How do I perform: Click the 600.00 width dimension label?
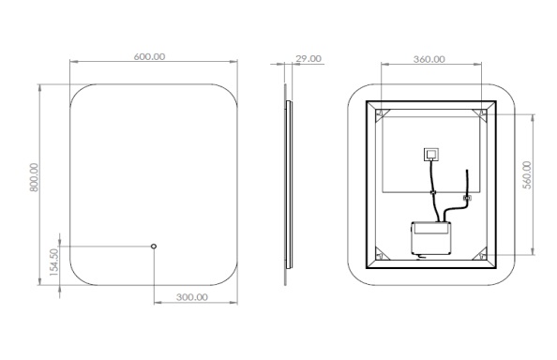point(149,56)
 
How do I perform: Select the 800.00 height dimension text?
point(34,177)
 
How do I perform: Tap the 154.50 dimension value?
point(53,262)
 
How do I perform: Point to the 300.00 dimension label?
point(192,297)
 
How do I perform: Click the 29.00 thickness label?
point(309,58)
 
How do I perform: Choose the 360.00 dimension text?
point(429,59)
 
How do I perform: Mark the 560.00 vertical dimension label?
point(528,174)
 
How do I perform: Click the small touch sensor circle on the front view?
point(154,246)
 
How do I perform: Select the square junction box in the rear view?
point(431,155)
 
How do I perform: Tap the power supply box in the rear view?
point(431,238)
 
